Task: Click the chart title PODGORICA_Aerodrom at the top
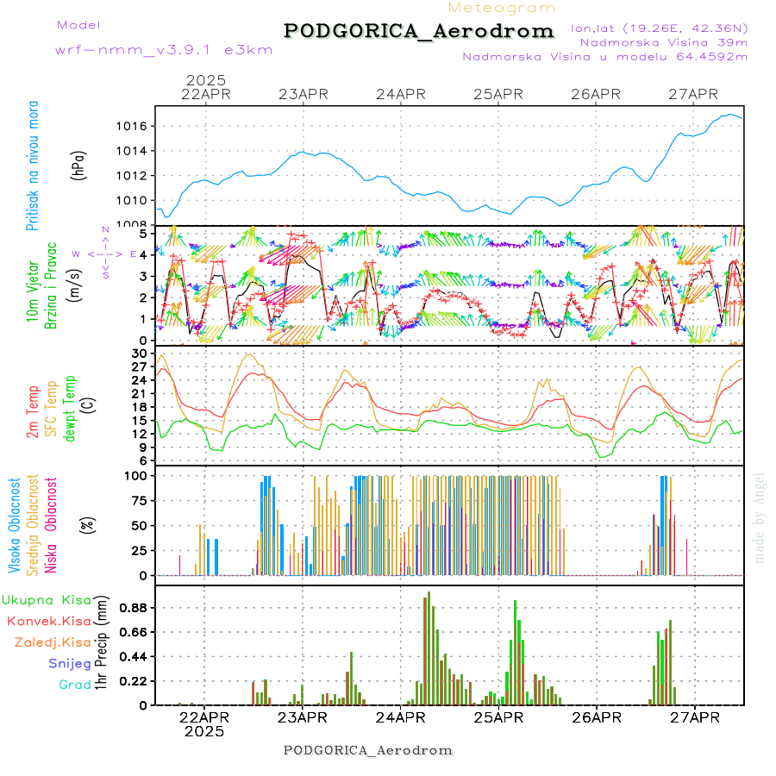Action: coord(418,31)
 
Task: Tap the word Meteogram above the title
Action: coord(502,8)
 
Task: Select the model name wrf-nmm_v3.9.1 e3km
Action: coord(164,50)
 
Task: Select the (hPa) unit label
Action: coord(79,164)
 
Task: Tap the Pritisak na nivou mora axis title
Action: coord(33,165)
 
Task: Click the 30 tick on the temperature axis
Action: coord(140,353)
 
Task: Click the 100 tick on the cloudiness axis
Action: coord(136,475)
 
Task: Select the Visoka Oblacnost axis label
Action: coord(15,526)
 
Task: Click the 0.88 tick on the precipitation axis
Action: coord(134,607)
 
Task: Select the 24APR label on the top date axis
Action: coord(401,94)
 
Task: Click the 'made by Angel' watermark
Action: coord(760,517)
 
